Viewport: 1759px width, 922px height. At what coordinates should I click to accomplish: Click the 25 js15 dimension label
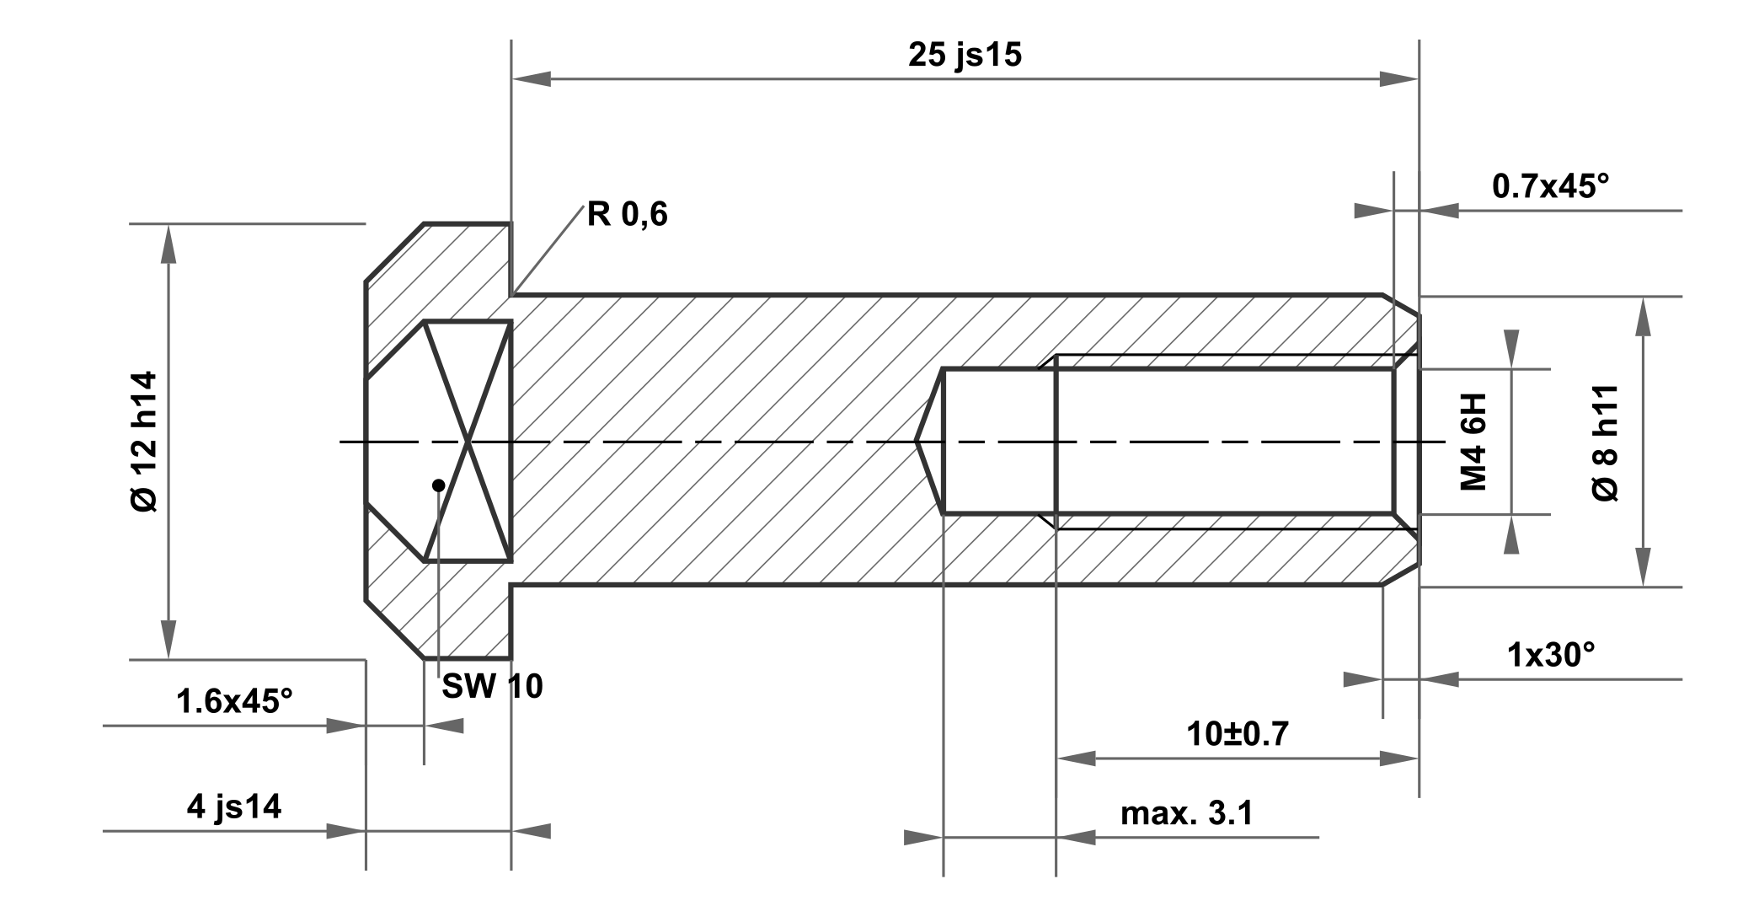point(965,56)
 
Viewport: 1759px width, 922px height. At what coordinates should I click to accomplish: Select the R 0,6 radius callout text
point(627,215)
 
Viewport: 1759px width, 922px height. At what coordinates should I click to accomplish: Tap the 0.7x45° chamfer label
point(1550,186)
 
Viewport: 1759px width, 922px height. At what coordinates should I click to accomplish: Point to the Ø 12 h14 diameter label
point(145,441)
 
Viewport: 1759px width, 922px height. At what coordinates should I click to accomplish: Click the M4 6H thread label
point(1473,441)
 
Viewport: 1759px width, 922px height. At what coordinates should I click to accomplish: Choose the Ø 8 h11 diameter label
point(1607,442)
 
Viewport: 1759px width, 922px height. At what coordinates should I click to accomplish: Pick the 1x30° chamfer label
point(1551,655)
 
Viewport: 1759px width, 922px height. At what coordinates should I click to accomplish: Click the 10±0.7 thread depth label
point(1237,734)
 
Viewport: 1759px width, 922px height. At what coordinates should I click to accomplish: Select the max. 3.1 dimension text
point(1186,813)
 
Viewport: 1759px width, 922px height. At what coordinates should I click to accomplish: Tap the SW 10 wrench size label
point(493,687)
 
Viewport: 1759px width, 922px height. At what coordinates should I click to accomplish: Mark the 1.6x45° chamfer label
point(234,701)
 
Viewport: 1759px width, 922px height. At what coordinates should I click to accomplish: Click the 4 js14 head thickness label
point(234,807)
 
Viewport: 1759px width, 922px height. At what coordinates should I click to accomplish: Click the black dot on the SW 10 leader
point(438,485)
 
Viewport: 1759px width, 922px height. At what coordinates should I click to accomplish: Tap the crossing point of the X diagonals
point(468,441)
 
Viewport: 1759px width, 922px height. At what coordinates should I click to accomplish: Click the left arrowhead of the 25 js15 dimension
point(531,80)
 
